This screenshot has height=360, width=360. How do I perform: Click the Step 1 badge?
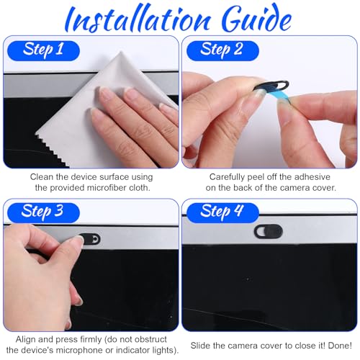click(x=43, y=50)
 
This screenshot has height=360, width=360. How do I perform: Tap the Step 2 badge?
click(x=222, y=50)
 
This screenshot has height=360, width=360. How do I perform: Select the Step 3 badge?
click(x=43, y=212)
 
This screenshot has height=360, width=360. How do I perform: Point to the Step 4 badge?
click(x=222, y=212)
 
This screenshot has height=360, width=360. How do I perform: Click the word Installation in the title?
click(x=138, y=19)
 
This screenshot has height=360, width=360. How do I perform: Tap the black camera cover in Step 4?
click(x=269, y=231)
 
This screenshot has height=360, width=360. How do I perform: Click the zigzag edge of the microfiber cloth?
click(x=52, y=149)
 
